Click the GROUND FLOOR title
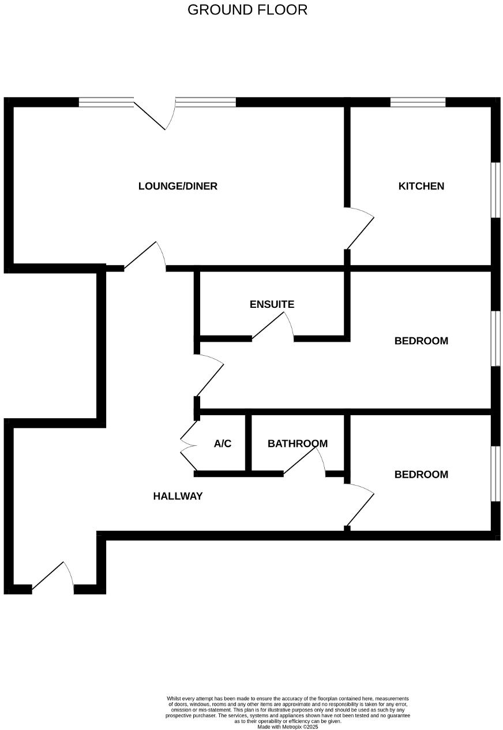point(247,10)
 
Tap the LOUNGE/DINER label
point(178,186)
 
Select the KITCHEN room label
point(421,186)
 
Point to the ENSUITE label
point(272,304)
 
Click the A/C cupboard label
point(223,444)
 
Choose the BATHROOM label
point(297,444)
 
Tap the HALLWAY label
point(178,496)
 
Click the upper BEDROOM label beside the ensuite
point(421,341)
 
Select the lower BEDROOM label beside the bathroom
point(421,475)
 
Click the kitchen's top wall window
point(418,103)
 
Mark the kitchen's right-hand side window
point(495,190)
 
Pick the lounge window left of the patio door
point(106,103)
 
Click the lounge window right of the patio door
point(205,103)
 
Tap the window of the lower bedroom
point(495,474)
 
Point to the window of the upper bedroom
point(495,338)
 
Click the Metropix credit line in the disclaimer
point(287,727)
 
